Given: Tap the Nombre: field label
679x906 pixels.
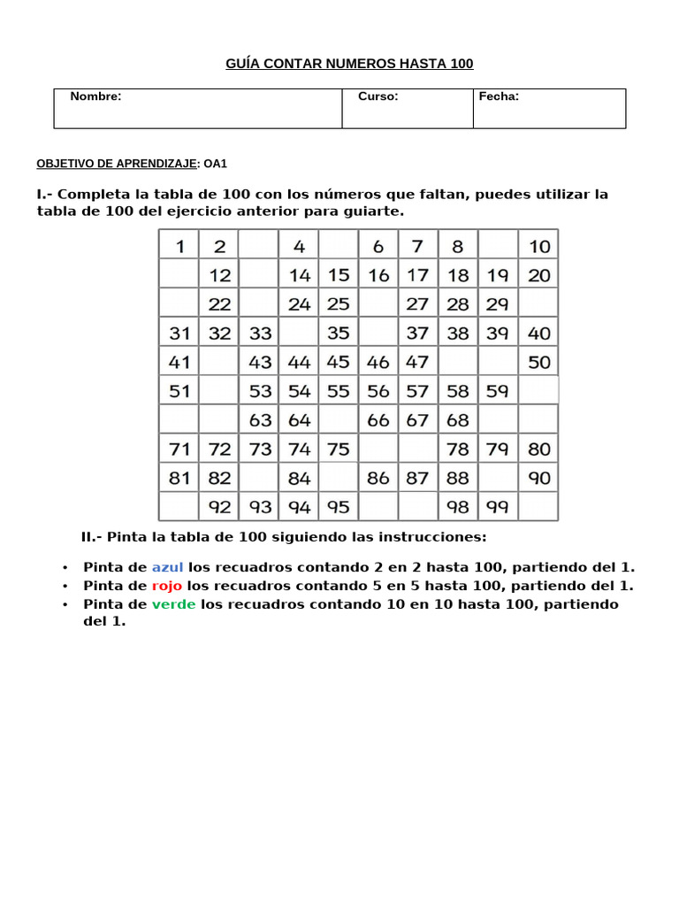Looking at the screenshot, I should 95,96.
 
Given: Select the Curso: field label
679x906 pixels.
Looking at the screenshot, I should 378,96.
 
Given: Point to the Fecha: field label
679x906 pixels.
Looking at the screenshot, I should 499,96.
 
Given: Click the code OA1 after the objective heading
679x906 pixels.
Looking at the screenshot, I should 216,164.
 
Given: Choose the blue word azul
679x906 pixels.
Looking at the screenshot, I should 167,568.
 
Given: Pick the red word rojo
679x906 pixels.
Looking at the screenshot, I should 166,586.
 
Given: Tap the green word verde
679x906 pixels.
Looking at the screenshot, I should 173,604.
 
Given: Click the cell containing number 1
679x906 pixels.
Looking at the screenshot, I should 179,246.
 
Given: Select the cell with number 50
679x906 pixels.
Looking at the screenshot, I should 538,362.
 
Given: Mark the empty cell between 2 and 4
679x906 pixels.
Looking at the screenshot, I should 259,246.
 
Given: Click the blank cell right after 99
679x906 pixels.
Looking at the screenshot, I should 538,507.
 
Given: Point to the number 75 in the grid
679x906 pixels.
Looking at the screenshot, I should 339,449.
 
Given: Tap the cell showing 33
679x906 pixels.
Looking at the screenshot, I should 260,334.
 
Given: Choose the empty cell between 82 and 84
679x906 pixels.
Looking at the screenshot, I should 259,479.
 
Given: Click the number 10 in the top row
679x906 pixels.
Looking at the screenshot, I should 538,246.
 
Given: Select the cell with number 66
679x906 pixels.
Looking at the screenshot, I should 378,420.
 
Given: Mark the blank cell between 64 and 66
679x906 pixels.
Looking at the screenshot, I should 339,420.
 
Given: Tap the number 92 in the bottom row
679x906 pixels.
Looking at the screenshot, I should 219,507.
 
